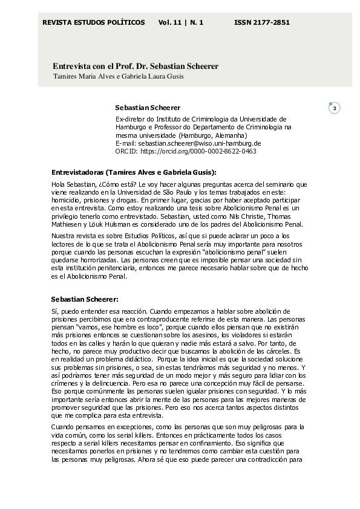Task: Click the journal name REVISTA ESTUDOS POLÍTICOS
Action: [93, 22]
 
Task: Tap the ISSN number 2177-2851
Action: [262, 22]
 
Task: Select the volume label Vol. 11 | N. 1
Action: [181, 22]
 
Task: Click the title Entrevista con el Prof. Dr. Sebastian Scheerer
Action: [136, 65]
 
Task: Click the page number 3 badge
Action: [336, 108]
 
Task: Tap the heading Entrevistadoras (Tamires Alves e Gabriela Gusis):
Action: [134, 172]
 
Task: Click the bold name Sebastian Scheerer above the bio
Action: [148, 108]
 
